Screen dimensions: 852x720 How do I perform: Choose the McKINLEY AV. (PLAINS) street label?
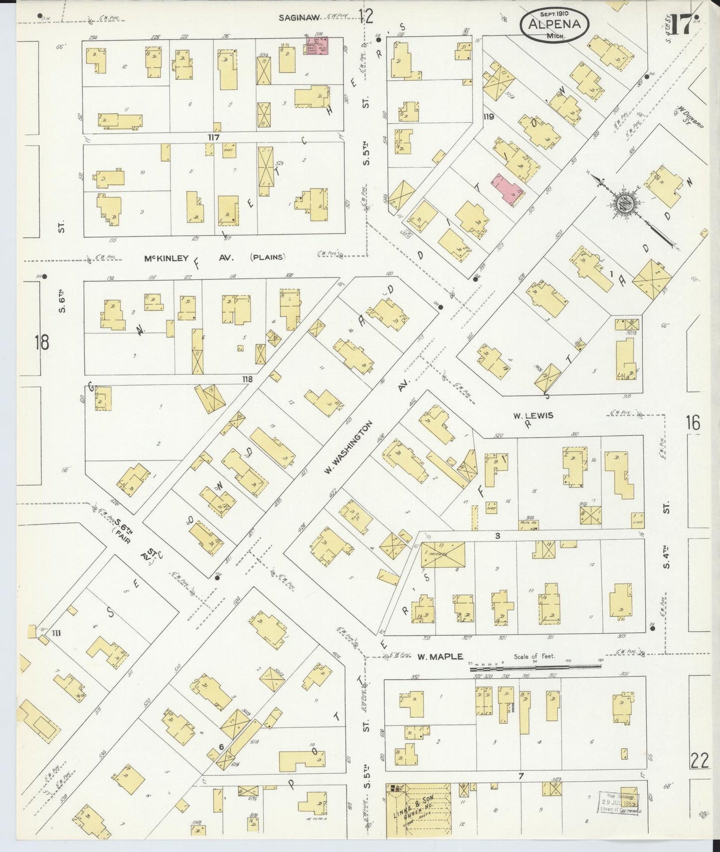coord(215,258)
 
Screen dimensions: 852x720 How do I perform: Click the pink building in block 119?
coord(507,189)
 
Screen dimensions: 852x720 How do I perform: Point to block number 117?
coord(214,137)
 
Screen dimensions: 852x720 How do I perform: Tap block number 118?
coord(247,379)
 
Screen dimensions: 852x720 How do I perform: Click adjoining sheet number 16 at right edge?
coord(693,424)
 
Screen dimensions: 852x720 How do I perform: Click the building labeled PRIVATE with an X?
coord(443,554)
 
